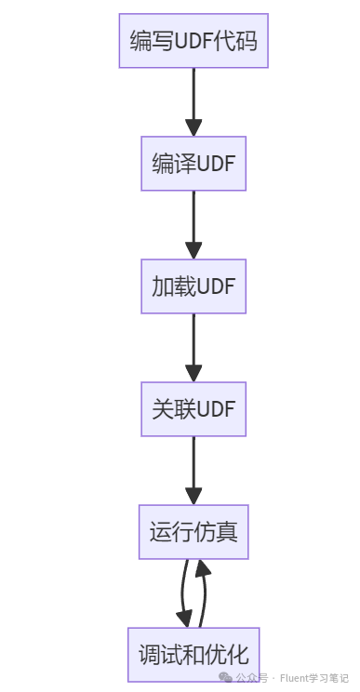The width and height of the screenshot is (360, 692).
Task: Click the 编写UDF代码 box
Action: click(x=193, y=41)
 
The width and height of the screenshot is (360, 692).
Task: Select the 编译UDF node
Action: click(x=193, y=164)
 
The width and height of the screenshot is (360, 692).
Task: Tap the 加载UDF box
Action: click(x=193, y=286)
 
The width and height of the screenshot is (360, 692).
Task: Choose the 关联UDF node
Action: click(x=193, y=409)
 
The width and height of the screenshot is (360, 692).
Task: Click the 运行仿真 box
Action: click(x=193, y=532)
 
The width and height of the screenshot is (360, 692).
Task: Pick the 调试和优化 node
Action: click(x=193, y=654)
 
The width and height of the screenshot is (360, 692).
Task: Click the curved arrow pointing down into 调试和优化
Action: click(x=182, y=593)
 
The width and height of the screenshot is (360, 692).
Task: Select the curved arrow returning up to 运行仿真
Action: click(x=204, y=593)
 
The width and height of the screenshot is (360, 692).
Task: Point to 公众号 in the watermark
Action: click(x=251, y=678)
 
